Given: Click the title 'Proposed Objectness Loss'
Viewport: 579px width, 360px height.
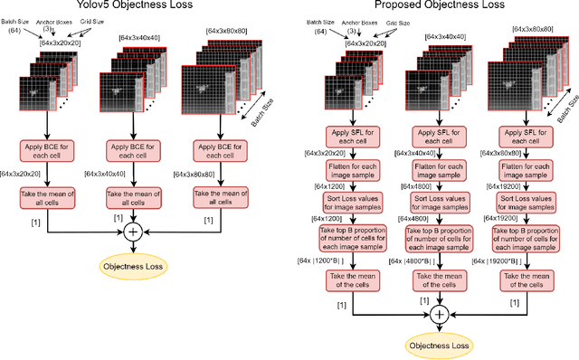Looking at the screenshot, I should click(432, 7).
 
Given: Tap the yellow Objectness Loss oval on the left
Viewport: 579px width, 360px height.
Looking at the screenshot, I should click(137, 265).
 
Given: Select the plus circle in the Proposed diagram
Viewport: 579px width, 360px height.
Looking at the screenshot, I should click(439, 314).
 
